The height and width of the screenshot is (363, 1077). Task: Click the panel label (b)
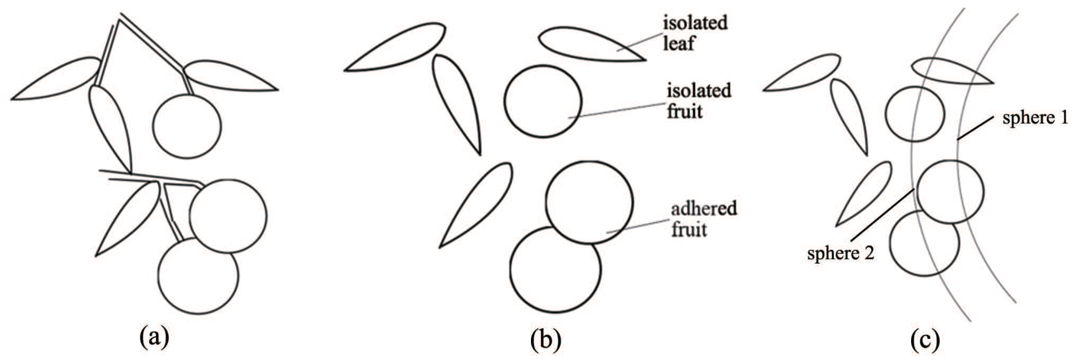coord(546,340)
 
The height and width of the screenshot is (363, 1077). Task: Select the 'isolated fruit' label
coord(698,101)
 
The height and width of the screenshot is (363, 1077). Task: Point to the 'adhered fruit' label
coord(703,219)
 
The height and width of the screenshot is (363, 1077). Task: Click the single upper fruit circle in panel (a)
coord(187,126)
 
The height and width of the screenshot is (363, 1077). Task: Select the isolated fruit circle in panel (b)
coord(543,101)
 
